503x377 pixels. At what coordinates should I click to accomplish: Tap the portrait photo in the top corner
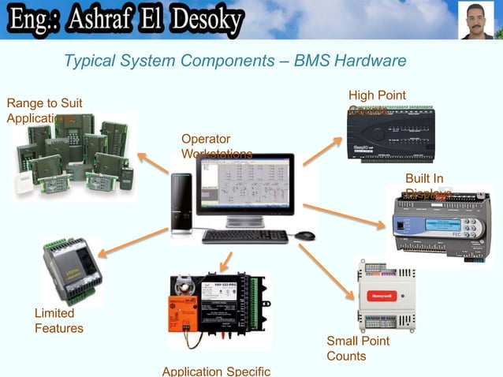pyautogui.click(x=477, y=21)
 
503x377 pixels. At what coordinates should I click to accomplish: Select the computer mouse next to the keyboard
pyautogui.click(x=304, y=236)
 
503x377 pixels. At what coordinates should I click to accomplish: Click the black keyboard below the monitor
pyautogui.click(x=244, y=236)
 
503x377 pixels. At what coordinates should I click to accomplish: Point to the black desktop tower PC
pyautogui.click(x=181, y=203)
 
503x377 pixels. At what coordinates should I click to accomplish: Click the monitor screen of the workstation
pyautogui.click(x=244, y=187)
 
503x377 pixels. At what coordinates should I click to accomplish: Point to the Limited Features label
pyautogui.click(x=58, y=321)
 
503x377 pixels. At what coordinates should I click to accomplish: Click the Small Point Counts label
pyautogui.click(x=358, y=349)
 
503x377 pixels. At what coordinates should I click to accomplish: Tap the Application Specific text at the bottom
pyautogui.click(x=216, y=371)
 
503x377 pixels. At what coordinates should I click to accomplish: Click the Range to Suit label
pyautogui.click(x=43, y=103)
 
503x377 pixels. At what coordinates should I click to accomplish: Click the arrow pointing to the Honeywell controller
pyautogui.click(x=327, y=272)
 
